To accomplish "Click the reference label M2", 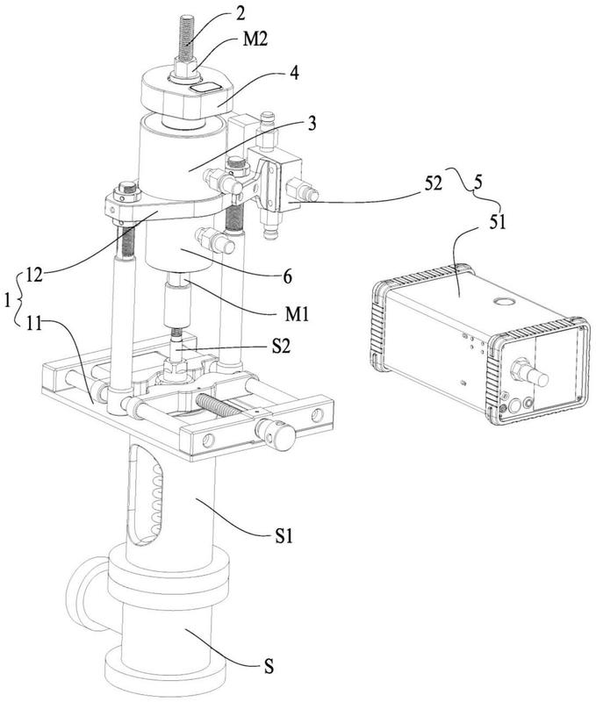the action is (255, 39).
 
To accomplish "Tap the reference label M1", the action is (297, 314).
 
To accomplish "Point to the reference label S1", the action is (284, 536).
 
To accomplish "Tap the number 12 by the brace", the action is (33, 276).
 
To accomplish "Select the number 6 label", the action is (287, 276).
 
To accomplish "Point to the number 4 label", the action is (294, 73).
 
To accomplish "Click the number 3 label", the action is (312, 123).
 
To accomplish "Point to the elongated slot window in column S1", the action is (144, 494).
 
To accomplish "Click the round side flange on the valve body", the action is (86, 590).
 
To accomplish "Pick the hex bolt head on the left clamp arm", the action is (127, 190).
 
